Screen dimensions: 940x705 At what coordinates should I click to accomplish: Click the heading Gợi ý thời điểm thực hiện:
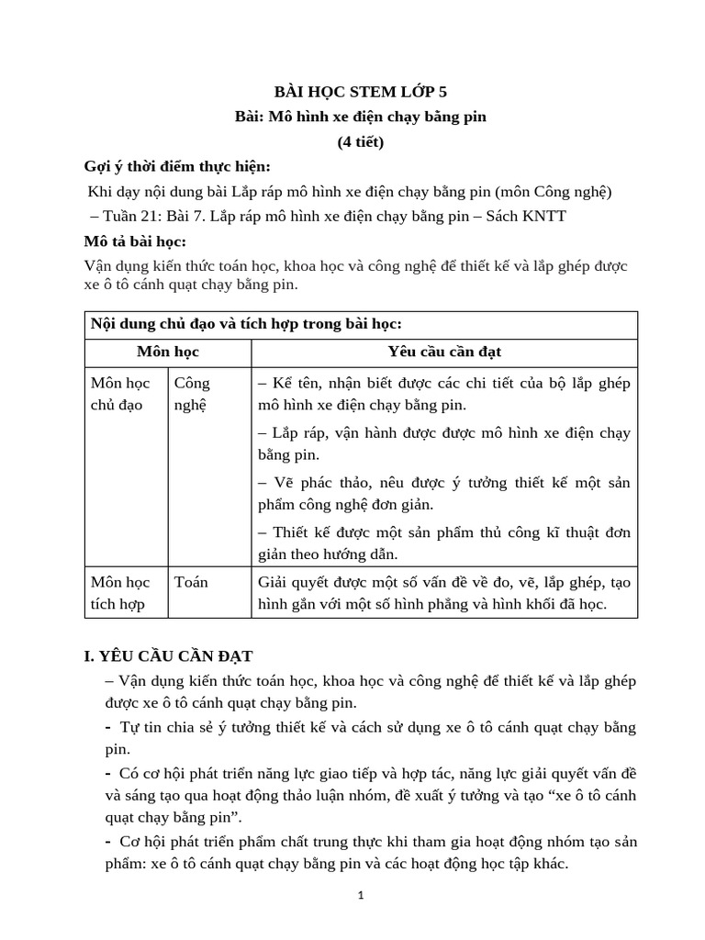click(x=177, y=166)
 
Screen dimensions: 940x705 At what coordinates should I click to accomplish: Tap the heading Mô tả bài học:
click(x=135, y=241)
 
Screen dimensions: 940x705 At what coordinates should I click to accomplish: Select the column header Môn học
click(x=167, y=352)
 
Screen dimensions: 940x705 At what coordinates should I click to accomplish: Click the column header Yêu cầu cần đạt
click(x=444, y=352)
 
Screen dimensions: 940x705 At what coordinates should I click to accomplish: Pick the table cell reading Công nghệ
click(x=192, y=394)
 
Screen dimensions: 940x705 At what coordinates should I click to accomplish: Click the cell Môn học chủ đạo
click(x=120, y=394)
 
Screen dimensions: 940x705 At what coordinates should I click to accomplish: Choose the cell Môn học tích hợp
click(x=120, y=593)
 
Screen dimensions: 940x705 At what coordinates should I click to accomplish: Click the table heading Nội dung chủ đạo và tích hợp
click(x=246, y=325)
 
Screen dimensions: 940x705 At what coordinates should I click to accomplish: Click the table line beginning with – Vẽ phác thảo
click(x=444, y=483)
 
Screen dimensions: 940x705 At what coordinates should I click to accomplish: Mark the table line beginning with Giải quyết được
click(x=444, y=582)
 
